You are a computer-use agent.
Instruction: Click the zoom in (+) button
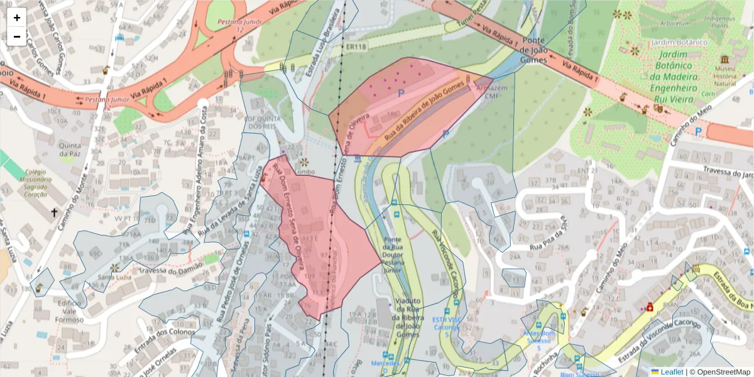click(17, 18)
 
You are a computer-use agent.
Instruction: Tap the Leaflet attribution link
click(671, 372)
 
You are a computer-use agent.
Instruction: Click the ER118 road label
click(355, 46)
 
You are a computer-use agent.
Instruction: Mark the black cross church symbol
click(54, 213)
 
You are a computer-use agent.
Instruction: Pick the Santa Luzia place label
click(114, 277)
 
